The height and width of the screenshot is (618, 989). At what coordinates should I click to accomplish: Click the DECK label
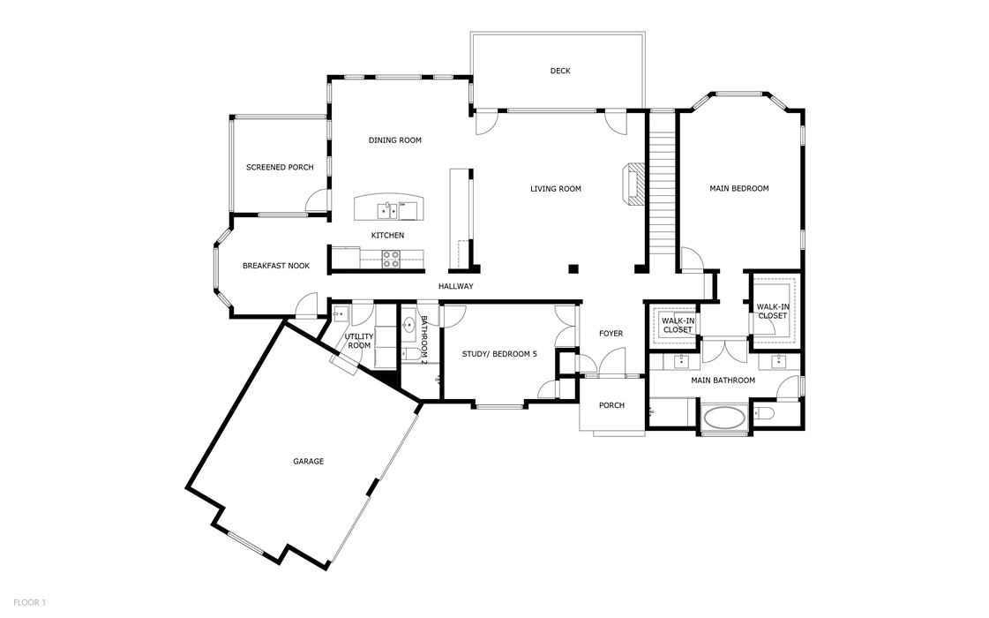[x=559, y=71]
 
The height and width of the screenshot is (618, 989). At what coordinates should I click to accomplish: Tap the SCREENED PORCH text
[x=280, y=167]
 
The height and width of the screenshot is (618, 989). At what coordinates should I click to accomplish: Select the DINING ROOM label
[x=394, y=139]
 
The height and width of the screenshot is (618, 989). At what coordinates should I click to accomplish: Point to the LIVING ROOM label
[x=555, y=188]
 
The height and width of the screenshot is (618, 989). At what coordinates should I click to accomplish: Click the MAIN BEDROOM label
[x=738, y=188]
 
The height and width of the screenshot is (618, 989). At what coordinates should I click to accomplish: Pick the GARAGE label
[x=308, y=461]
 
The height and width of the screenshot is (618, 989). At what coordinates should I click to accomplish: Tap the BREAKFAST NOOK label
[x=276, y=265]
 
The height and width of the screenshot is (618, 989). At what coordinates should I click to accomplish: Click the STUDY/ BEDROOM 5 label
[x=499, y=354]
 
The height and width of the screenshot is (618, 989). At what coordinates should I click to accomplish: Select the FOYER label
[x=611, y=333]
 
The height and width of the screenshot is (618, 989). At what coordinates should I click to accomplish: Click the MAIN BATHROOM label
[x=723, y=381]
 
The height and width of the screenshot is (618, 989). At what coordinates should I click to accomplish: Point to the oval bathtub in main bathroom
[x=724, y=418]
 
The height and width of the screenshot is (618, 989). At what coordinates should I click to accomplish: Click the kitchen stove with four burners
[x=391, y=258]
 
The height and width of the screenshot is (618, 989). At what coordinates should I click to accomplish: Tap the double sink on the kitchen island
[x=387, y=210]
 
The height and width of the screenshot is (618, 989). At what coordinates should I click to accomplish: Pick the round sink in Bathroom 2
[x=409, y=326]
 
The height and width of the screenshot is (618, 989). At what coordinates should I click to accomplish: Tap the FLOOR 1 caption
[x=29, y=602]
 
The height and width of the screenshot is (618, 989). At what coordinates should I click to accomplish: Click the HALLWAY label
[x=456, y=286]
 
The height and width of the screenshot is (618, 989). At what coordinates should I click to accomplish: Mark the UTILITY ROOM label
[x=359, y=341]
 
